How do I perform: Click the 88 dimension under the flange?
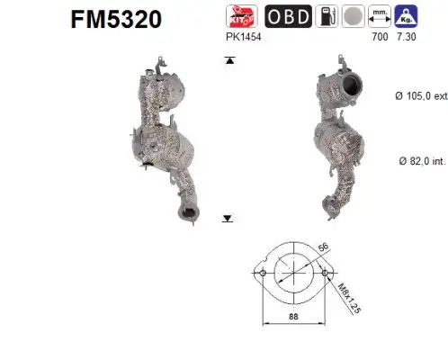[294, 317]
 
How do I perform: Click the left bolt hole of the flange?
[261, 273]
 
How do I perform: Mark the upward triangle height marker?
[229, 60]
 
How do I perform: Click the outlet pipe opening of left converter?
[189, 213]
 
